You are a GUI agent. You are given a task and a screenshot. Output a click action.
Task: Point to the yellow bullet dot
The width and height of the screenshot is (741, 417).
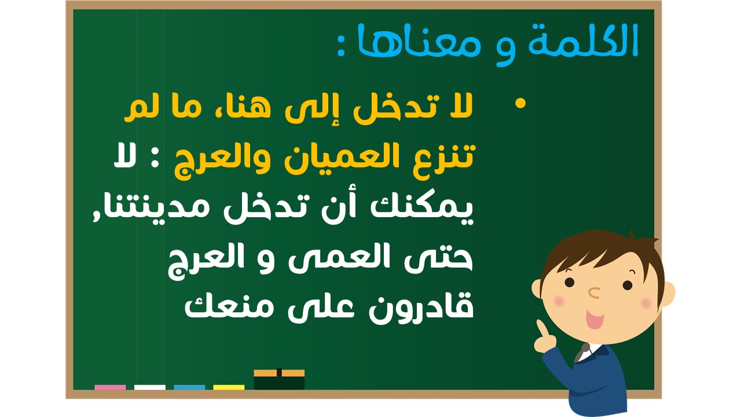(520, 103)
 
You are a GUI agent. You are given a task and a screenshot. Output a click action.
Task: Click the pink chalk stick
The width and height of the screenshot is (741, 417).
(110, 387)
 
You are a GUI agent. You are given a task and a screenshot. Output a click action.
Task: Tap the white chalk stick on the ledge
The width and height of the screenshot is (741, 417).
(149, 387)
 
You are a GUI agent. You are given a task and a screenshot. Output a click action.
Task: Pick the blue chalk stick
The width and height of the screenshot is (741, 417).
(189, 387)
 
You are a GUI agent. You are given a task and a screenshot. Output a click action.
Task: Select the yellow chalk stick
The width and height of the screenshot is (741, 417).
(229, 387)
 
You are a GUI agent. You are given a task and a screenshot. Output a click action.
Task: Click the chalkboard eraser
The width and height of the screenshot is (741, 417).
(279, 379)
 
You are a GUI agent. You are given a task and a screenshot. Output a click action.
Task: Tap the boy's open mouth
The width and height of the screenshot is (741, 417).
(595, 319)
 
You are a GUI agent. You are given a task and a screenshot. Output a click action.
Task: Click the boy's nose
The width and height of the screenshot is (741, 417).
(594, 292)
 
